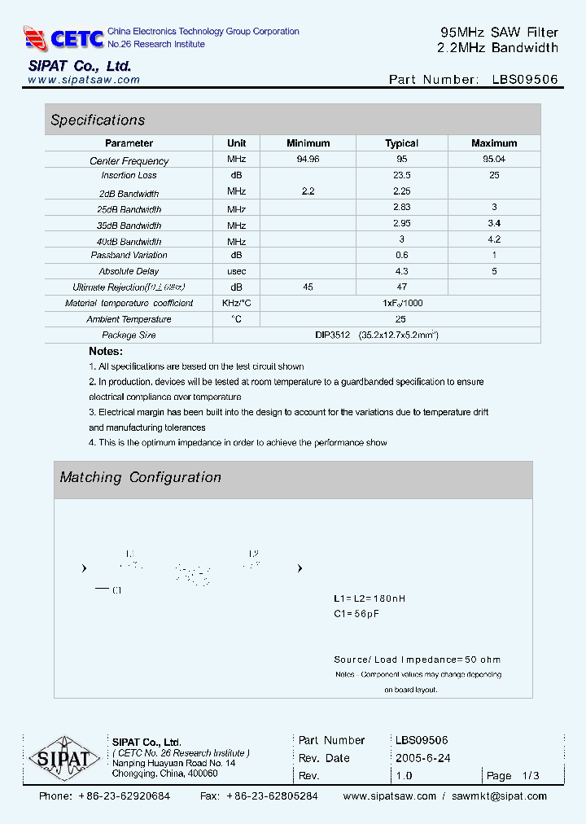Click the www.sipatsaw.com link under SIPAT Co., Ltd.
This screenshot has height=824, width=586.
pos(84,80)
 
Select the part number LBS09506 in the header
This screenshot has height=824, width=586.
pos(525,80)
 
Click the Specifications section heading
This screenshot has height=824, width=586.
pos(98,121)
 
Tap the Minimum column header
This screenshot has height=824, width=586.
pos(308,143)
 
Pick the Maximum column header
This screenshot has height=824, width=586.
pos(494,143)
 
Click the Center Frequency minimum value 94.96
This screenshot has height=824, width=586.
pos(308,160)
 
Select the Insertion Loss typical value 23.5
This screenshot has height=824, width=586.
pos(401,175)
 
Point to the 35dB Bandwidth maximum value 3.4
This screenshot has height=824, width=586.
pos(494,223)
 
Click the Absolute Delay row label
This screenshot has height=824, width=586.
pos(129,271)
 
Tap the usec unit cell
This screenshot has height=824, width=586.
pos(237,271)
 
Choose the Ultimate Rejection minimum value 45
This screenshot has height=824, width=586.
pos(308,287)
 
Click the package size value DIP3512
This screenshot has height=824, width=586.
pos(332,335)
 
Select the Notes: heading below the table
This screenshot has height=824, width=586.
pos(106,351)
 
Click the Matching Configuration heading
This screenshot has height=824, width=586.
pos(140,478)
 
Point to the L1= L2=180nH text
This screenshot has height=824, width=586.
pos(370,598)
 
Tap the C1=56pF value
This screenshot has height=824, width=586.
pos(356,614)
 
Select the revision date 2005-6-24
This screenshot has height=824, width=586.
pos(422,758)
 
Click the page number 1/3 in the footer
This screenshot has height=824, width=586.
pos(531,776)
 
